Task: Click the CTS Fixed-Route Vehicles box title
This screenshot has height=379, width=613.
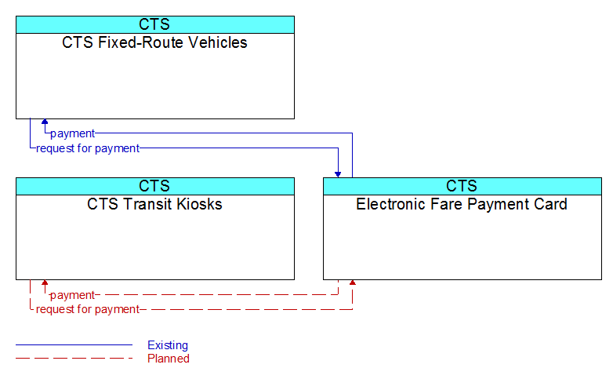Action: tap(154, 42)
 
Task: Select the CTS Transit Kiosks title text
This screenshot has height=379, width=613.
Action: tap(154, 204)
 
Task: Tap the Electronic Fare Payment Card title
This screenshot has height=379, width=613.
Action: tap(462, 204)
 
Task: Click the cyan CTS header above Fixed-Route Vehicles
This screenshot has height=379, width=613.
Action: tap(154, 24)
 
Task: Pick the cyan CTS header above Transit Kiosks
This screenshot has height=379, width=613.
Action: tap(154, 187)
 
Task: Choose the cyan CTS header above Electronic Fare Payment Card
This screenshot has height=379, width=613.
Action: tap(462, 187)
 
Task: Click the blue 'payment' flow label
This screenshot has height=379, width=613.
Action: tap(72, 133)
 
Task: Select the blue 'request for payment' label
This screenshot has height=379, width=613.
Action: tap(88, 148)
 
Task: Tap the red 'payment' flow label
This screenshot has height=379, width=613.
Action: tap(72, 295)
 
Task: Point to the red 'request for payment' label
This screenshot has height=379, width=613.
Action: tap(88, 309)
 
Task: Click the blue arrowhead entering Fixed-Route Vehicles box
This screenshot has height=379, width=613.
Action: tap(45, 122)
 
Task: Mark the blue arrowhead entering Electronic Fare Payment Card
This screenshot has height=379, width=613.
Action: tap(338, 175)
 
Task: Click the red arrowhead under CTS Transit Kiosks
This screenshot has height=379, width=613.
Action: tap(45, 282)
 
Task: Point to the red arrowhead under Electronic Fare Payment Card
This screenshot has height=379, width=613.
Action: tap(352, 282)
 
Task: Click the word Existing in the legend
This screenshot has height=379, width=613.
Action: tap(168, 345)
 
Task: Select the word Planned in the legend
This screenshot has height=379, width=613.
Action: tap(169, 359)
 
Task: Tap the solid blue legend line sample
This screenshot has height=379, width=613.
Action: tap(74, 345)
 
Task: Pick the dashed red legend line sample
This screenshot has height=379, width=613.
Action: tap(74, 358)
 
